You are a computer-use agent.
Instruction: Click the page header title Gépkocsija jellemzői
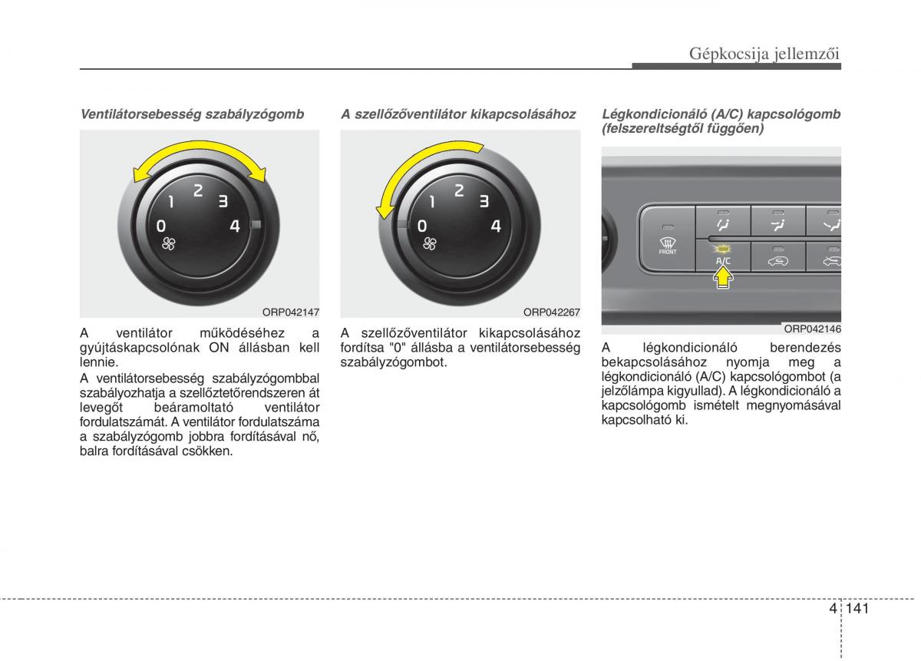764,54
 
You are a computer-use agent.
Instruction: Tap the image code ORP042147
291,312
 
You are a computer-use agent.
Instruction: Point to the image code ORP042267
551,312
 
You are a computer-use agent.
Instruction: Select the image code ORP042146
813,329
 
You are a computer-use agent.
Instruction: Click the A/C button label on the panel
723,261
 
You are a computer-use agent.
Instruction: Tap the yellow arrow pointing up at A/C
723,277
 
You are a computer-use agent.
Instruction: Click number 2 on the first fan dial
198,190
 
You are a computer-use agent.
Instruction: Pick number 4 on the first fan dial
235,226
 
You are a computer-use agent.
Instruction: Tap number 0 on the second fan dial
422,226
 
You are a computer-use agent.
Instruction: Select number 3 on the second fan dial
484,200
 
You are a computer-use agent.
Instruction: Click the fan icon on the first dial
169,243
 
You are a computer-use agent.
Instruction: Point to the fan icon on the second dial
430,243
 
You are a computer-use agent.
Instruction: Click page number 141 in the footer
857,608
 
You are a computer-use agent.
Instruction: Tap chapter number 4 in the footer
833,608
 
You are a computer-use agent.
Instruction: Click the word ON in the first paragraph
219,348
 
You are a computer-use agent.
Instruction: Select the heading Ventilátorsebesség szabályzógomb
192,114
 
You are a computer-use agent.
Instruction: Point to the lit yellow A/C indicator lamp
723,250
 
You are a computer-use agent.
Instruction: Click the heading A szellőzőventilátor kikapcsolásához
458,114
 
